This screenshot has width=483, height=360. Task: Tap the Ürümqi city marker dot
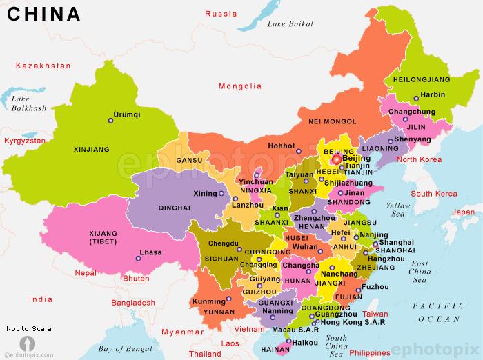(110, 121)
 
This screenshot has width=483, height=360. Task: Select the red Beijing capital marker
(336, 159)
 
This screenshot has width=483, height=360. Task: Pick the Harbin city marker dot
(415, 98)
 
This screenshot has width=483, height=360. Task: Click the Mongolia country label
(239, 86)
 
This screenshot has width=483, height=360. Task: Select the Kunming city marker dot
(228, 299)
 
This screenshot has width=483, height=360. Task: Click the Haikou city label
(305, 341)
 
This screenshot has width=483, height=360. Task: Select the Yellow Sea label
(397, 210)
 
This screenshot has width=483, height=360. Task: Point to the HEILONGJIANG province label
(420, 80)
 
